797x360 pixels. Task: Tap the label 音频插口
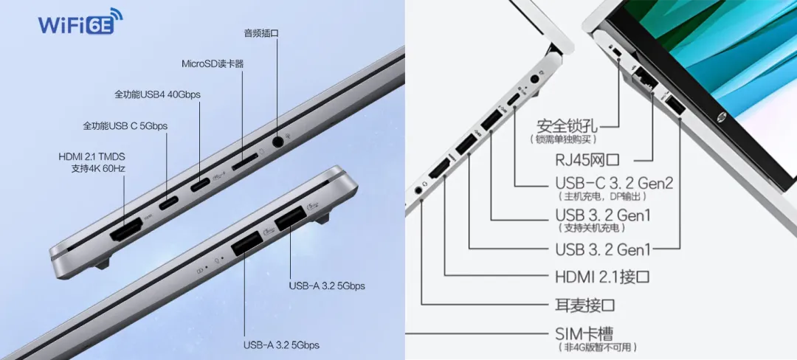(x=261, y=33)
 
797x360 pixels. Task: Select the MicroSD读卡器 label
(x=213, y=63)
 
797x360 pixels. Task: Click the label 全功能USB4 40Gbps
(x=157, y=94)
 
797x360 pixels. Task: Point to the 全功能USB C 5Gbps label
(x=125, y=126)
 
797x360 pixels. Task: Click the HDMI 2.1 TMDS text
(x=92, y=156)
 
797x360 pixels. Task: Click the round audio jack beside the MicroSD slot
(x=278, y=139)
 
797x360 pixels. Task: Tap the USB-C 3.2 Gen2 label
(x=613, y=182)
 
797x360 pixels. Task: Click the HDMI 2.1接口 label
(x=602, y=277)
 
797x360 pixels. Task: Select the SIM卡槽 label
(x=584, y=333)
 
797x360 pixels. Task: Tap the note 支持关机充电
(x=596, y=229)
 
